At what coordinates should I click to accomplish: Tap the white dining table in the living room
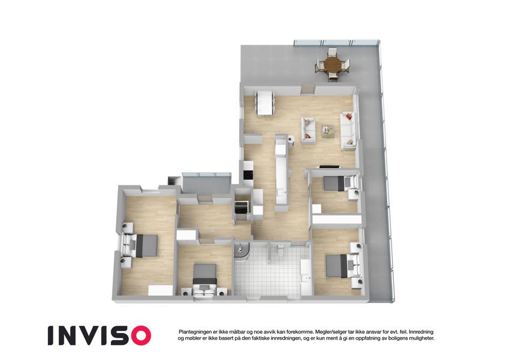(x=264, y=103)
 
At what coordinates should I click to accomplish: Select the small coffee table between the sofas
(x=328, y=131)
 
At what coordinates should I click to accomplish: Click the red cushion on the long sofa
(x=349, y=116)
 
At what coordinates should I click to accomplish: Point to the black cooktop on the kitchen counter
(x=248, y=175)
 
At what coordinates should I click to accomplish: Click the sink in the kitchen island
(x=281, y=193)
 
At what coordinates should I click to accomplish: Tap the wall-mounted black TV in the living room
(x=329, y=167)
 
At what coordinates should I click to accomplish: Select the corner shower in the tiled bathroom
(x=241, y=252)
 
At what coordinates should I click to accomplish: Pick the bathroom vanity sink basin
(x=306, y=278)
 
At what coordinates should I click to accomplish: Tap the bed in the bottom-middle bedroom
(x=204, y=280)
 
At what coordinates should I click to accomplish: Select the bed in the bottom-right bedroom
(x=342, y=265)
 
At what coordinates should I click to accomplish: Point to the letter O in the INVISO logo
(x=138, y=335)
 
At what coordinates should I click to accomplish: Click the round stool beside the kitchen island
(x=291, y=139)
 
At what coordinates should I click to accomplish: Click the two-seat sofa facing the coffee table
(x=308, y=130)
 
